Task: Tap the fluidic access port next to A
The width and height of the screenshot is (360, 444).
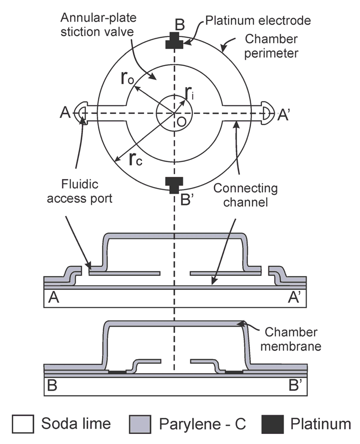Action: tap(81, 112)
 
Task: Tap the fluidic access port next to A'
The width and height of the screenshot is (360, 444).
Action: tap(267, 112)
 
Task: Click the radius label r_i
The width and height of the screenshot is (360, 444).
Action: tap(189, 93)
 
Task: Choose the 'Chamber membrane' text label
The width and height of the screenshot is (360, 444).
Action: tap(299, 339)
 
